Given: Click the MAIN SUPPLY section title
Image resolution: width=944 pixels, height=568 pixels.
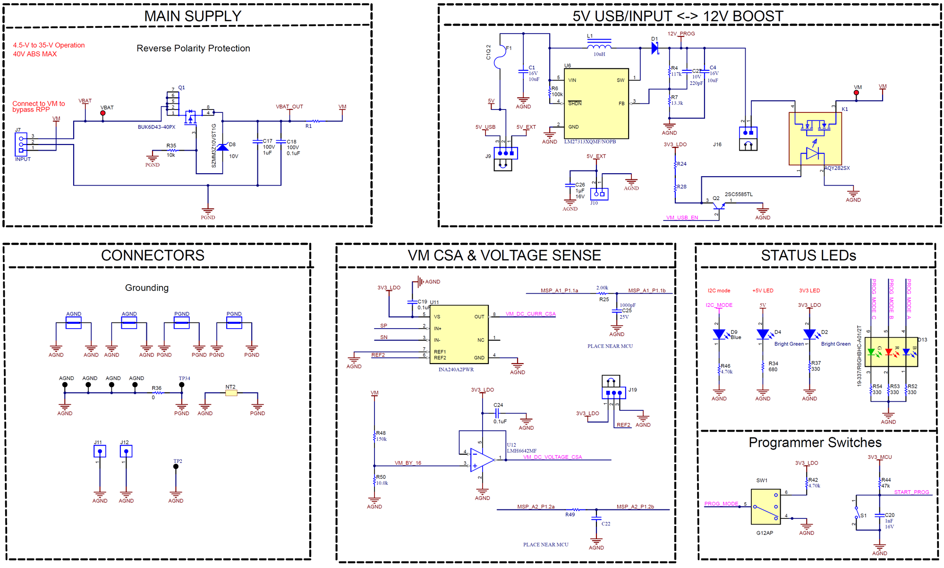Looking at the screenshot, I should (x=193, y=16).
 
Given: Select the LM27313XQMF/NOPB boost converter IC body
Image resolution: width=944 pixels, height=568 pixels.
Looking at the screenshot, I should (x=596, y=103).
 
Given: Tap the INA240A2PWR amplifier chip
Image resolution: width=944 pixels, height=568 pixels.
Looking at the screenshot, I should (x=459, y=334).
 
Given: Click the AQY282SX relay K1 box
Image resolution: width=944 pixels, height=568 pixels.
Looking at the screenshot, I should (x=815, y=139).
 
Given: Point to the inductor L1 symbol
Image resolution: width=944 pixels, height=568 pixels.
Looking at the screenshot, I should (x=599, y=46).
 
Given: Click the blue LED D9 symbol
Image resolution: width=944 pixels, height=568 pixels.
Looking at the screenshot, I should (x=719, y=335).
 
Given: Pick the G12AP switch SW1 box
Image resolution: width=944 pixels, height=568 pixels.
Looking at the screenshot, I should (x=765, y=507).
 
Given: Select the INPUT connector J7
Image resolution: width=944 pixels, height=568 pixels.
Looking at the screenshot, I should (x=21, y=144).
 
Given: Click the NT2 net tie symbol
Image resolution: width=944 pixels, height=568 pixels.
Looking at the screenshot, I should (x=231, y=393).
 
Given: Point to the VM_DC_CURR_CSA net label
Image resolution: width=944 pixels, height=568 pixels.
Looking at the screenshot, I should (x=530, y=314).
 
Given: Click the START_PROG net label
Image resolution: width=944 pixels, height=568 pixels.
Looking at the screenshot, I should (x=911, y=492).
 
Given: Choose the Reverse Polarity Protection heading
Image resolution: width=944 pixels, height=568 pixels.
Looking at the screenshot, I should (x=193, y=48).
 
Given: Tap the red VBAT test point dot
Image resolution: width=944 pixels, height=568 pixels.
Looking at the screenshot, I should (x=103, y=113).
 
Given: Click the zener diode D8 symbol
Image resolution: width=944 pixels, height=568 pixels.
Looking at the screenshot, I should (x=222, y=148).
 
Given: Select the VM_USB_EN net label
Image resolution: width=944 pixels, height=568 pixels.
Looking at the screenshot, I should (x=681, y=218).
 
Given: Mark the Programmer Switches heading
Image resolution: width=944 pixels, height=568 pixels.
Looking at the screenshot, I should (x=815, y=442).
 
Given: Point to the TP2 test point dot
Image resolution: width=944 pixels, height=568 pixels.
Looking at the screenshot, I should (x=176, y=466).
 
